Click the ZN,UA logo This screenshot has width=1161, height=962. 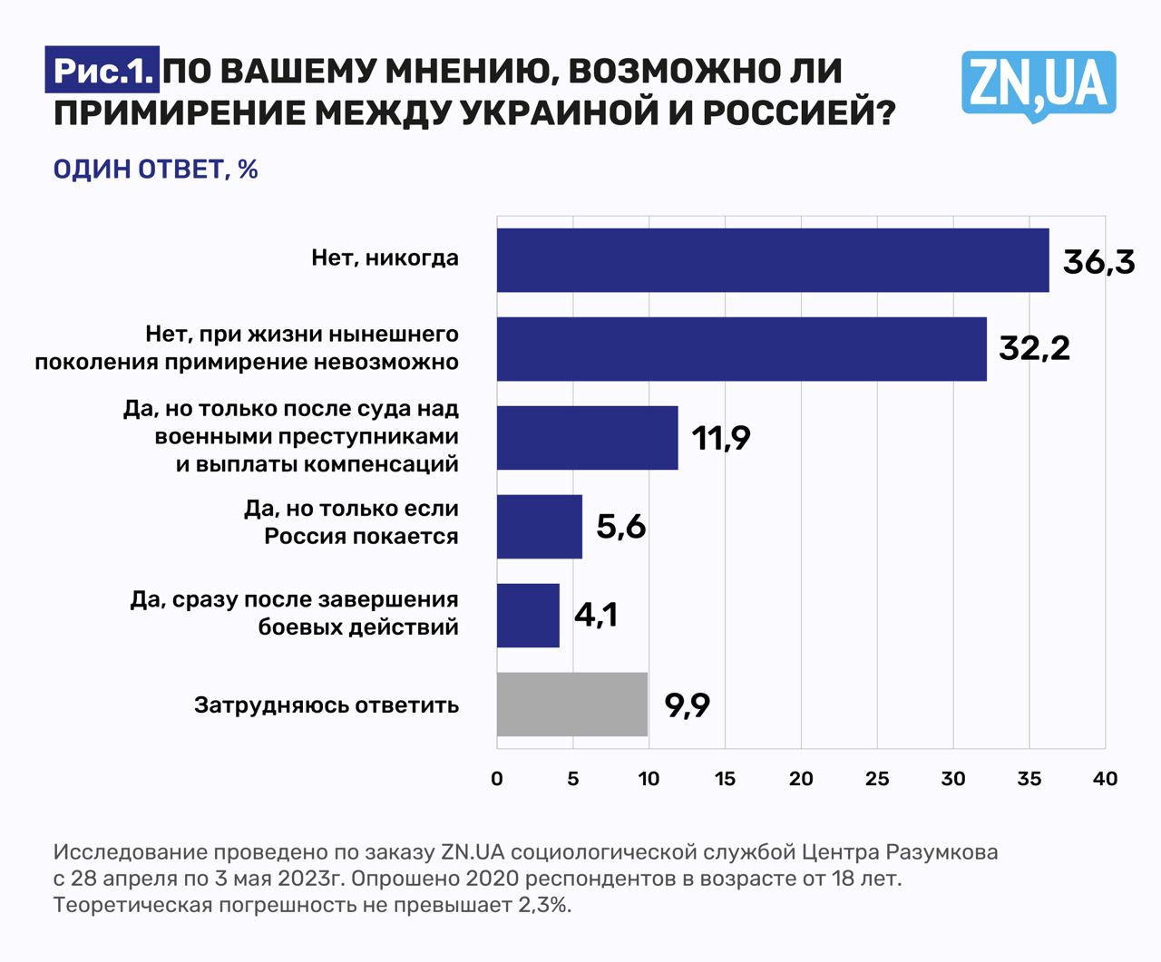tap(1038, 84)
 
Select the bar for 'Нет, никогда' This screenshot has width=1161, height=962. tap(772, 260)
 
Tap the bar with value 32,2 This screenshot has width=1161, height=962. tap(741, 349)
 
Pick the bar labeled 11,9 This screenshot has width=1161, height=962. tap(587, 438)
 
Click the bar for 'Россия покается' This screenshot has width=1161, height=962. tap(539, 527)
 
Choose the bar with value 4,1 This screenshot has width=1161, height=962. tap(528, 616)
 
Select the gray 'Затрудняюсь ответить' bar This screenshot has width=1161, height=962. tap(571, 704)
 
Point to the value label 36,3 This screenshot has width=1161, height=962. tap(1098, 261)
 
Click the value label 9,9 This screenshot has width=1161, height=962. tap(687, 704)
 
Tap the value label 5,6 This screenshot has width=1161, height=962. tap(620, 526)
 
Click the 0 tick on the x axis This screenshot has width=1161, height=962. tap(496, 779)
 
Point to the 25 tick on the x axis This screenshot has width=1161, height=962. tap(876, 779)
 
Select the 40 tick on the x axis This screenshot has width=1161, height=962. tap(1105, 779)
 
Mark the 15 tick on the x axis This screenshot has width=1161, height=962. tap(725, 779)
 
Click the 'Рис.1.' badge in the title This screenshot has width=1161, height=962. tap(102, 71)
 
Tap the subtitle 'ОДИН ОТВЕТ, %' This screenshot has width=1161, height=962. tap(155, 170)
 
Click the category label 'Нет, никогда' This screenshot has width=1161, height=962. tap(385, 258)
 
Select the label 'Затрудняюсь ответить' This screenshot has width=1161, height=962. tap(327, 705)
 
